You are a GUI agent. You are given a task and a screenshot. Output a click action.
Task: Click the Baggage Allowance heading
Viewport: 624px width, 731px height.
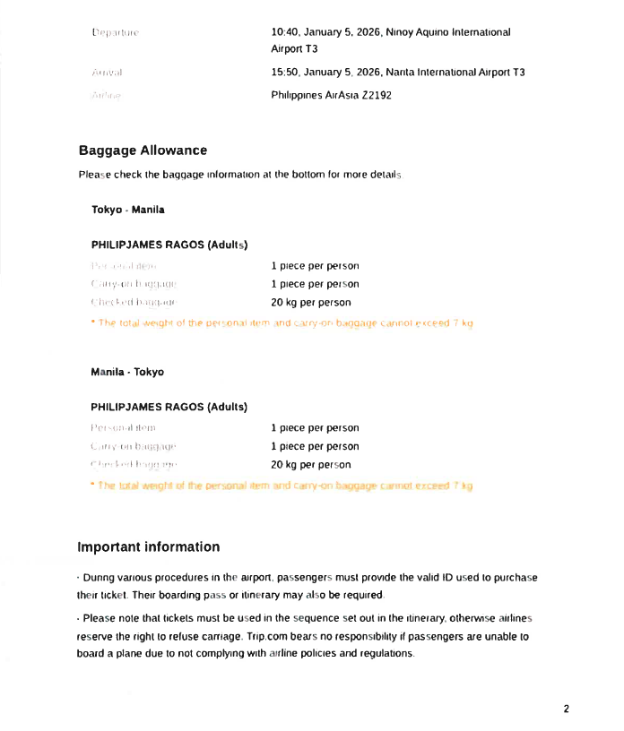[143, 150]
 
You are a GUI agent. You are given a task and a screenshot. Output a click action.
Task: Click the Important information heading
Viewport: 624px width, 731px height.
[149, 546]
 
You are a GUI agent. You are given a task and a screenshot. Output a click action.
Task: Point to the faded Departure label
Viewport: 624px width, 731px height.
[116, 33]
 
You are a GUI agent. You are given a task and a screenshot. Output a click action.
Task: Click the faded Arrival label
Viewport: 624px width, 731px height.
[107, 72]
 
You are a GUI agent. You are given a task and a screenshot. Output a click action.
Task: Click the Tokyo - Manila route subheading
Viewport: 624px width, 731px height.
[128, 210]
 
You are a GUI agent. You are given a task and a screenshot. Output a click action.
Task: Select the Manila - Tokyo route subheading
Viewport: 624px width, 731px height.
[128, 372]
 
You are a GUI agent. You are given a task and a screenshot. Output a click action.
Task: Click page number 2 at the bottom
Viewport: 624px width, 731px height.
[566, 709]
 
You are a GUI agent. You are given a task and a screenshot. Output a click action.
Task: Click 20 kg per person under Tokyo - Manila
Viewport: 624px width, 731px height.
[311, 303]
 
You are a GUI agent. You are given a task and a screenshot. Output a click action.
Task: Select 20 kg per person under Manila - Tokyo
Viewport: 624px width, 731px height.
[311, 465]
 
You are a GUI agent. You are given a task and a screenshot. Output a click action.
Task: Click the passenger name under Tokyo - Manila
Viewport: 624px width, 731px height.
[169, 245]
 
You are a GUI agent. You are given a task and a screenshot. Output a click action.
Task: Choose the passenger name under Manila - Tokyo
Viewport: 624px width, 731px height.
[169, 407]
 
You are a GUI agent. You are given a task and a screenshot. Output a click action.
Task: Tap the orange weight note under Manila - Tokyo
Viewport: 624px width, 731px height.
[282, 486]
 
